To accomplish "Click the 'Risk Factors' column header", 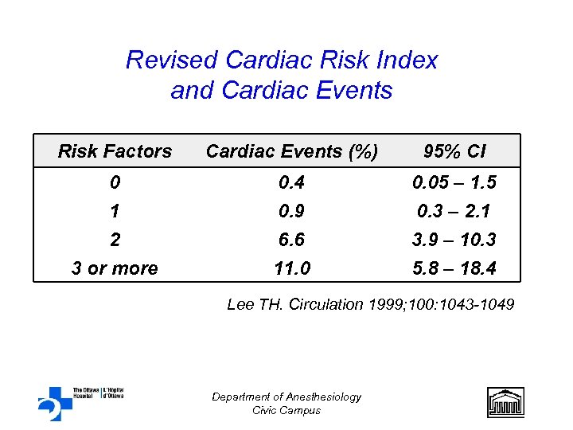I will tap(115, 151).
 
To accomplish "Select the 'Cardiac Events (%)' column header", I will tap(291, 151).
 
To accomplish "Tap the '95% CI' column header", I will tap(454, 151).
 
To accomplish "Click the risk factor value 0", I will tap(115, 183).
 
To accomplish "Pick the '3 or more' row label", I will tap(115, 268).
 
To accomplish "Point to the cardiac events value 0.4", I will tap(291, 183).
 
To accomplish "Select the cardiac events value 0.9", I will tap(291, 212).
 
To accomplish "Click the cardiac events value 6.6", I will tap(291, 240).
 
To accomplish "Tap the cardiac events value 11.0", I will tap(291, 268).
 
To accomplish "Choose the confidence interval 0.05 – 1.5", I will tap(454, 183).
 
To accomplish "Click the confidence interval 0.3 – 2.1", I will tap(454, 212).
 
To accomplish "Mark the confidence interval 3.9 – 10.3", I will tap(454, 240).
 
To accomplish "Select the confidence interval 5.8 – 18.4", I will tap(454, 268).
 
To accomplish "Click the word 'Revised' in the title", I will tap(172, 61).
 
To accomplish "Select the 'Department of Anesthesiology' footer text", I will tap(286, 397).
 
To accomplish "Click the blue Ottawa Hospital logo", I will tap(56, 403).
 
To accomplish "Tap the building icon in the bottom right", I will tap(505, 402).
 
